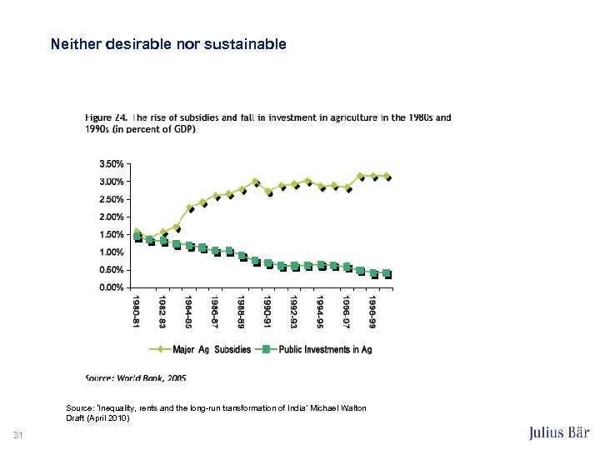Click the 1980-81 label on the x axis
point(136,310)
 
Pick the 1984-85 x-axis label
point(188,310)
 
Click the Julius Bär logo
point(558,432)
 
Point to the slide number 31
point(18,434)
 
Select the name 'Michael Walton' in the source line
point(339,407)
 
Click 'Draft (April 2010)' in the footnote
point(98,417)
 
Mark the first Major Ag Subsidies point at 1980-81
point(137,232)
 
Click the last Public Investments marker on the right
point(386,272)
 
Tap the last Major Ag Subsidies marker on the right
point(386,176)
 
